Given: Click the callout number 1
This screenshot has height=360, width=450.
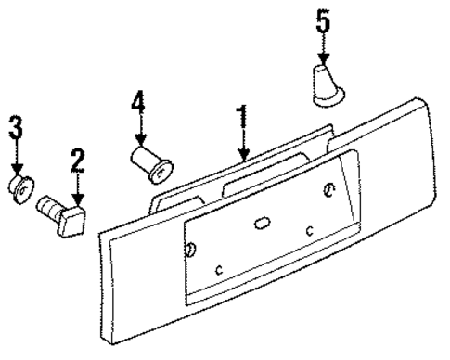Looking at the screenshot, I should coord(242,118).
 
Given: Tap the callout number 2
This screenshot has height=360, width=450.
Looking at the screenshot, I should coord(78,161).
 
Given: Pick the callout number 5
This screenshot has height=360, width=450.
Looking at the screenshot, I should coord(322,21).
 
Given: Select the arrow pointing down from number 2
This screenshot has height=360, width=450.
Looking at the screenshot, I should coord(78,189).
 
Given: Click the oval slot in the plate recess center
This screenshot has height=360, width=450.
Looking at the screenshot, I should coord(262,222).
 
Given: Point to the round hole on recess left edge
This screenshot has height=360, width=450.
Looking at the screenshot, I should coord(190,250).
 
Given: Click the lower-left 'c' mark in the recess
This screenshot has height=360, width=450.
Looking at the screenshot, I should coord(219,269).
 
